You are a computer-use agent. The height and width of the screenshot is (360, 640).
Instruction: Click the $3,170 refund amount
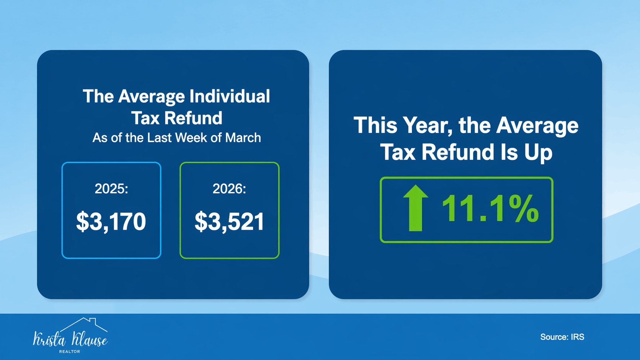[111, 222]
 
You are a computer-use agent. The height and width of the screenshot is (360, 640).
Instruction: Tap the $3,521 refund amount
[229, 222]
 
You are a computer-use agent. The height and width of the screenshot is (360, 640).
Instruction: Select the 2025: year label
[111, 189]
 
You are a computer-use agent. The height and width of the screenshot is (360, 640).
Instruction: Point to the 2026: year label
[229, 189]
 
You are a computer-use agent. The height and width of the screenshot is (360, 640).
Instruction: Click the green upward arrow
[415, 208]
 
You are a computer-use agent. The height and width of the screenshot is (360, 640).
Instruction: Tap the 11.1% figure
[490, 209]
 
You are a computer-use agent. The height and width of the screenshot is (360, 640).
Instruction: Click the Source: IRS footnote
[562, 337]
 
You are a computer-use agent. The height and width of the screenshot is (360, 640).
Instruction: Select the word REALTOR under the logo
[69, 352]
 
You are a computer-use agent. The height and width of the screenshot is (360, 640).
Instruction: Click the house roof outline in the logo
[84, 324]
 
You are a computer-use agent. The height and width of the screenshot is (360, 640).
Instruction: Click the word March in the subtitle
[243, 138]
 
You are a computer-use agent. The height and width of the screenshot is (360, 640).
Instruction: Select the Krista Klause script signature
[70, 339]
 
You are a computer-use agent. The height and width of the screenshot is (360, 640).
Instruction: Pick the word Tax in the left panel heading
[145, 118]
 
